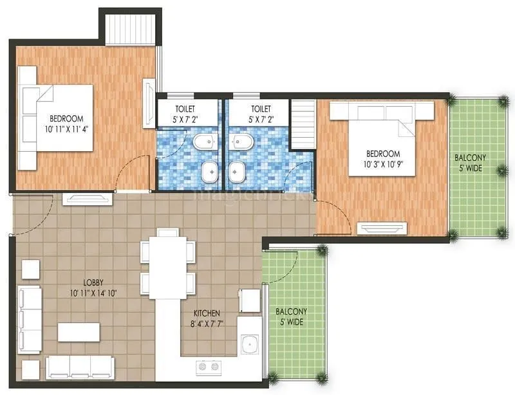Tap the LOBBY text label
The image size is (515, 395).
pos(95,282)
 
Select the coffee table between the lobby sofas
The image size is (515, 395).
pos(79,332)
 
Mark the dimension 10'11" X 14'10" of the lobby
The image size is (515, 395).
pos(95,293)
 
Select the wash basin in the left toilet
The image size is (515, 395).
pos(209,171)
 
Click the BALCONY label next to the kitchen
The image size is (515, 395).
pos(291,311)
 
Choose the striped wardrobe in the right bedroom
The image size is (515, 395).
pos(303,122)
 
